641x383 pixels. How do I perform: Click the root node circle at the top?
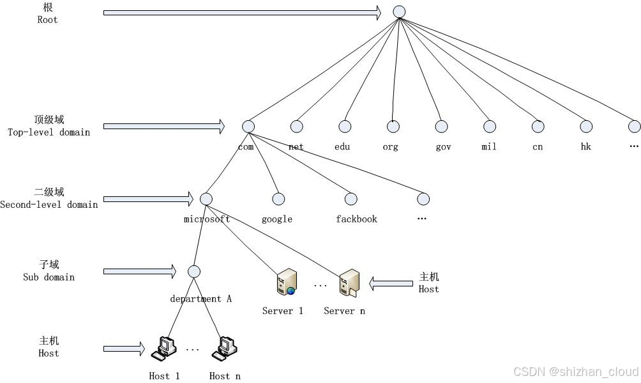coord(399,12)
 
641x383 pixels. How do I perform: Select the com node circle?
coord(248,127)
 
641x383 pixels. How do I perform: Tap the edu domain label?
coord(342,146)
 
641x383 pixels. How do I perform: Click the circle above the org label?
coord(393,127)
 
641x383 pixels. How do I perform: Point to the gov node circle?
coord(441,127)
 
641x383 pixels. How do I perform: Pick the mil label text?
coord(489,146)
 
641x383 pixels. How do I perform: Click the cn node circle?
coord(538,127)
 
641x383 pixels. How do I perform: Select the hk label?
coord(585,146)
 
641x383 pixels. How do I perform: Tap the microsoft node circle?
coord(206,199)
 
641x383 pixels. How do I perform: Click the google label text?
coord(277,219)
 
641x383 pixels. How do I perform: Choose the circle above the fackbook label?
coord(351,199)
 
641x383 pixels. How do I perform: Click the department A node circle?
coord(194,272)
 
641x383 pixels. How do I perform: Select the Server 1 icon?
coord(286,283)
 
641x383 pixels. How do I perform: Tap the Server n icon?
coord(349,283)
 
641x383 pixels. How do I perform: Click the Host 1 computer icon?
coord(163,348)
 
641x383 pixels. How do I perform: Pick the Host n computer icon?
coord(225,348)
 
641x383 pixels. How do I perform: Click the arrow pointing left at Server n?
coord(391,283)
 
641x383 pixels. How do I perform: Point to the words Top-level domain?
coord(49,132)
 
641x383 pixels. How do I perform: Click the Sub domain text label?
coord(49,277)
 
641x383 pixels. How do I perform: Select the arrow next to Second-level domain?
coord(148,199)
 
